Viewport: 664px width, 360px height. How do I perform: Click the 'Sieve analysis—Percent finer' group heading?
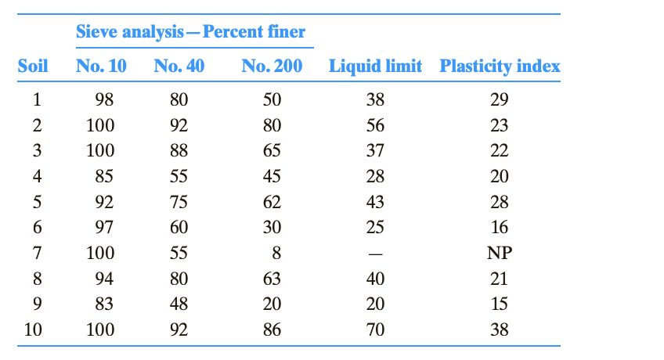click(190, 32)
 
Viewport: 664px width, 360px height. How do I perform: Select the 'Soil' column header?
click(33, 66)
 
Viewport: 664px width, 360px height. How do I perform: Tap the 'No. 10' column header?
click(101, 66)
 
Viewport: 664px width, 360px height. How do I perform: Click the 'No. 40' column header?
click(179, 66)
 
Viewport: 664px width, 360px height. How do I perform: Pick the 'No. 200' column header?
click(272, 66)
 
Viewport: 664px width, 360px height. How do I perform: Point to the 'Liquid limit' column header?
click(375, 66)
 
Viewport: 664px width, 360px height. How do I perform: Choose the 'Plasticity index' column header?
click(500, 66)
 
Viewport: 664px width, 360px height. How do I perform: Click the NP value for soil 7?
click(499, 253)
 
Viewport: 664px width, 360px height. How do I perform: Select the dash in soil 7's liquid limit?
click(375, 254)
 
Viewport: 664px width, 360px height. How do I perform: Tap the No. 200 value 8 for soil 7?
click(276, 253)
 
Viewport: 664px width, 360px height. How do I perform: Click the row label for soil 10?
click(33, 329)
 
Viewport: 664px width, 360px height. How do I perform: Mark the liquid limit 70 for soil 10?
click(375, 329)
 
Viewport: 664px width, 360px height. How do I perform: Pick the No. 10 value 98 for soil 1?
click(104, 100)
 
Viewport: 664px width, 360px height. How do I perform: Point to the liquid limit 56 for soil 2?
click(375, 125)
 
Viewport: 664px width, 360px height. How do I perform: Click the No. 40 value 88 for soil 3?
click(179, 151)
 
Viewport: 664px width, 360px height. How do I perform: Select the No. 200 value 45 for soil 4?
click(272, 177)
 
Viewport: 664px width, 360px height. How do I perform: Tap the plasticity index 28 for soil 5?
click(499, 202)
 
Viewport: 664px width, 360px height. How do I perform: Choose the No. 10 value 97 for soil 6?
click(104, 228)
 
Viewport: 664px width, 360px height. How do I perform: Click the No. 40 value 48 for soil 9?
click(179, 304)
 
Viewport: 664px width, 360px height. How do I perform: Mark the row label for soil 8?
click(37, 279)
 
